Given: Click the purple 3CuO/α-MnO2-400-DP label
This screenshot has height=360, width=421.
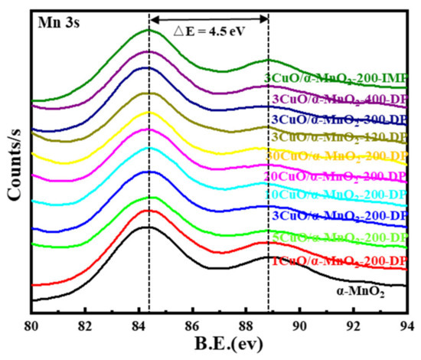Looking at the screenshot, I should (338, 99).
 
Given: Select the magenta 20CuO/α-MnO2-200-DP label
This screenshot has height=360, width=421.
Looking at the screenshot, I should (335, 177).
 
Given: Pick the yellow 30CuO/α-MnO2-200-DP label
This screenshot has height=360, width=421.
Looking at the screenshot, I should (335, 156).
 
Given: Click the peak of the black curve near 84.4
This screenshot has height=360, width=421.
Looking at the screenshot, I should (148, 226).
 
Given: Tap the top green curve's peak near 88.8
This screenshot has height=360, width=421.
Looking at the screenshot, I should (267, 60).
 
